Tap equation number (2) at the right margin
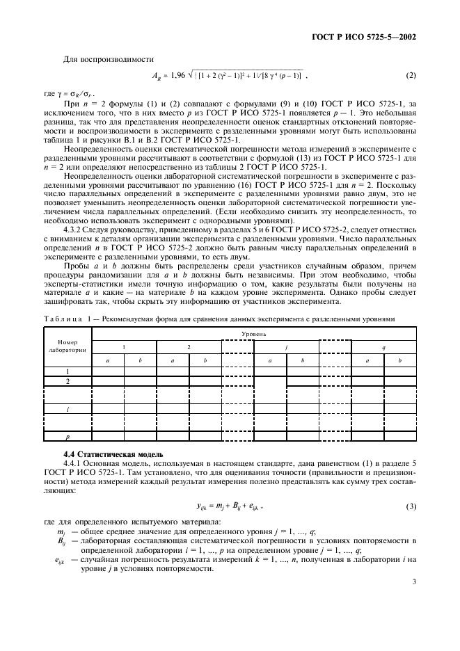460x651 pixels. click(x=411, y=74)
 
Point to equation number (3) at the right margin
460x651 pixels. click(x=411, y=506)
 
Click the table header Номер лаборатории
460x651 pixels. click(x=68, y=346)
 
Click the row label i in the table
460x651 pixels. click(x=68, y=410)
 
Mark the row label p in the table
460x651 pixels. click(x=68, y=437)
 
